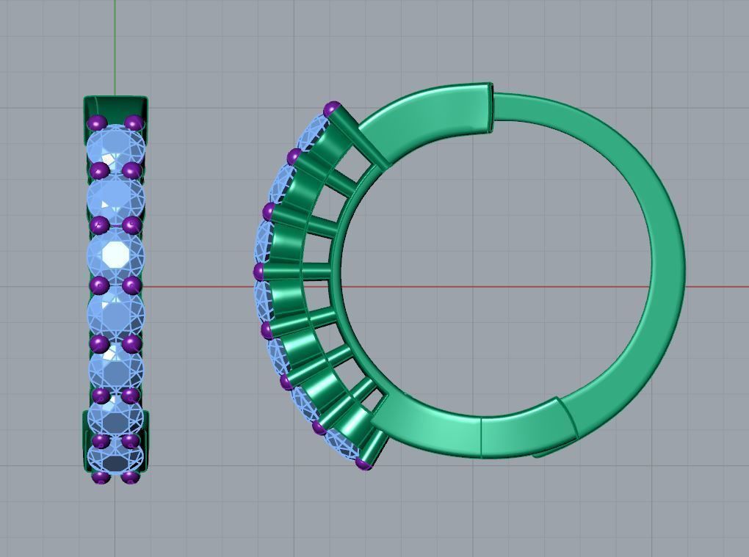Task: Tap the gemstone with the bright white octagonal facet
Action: tap(115, 253)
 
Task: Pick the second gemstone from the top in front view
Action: tap(115, 197)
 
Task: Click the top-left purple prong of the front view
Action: tap(97, 123)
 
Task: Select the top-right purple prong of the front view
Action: tap(134, 123)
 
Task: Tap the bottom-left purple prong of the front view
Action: tap(101, 478)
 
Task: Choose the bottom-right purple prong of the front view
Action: tap(130, 478)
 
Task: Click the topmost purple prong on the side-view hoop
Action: tap(332, 110)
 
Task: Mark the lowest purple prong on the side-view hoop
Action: tap(363, 463)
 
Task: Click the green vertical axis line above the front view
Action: tap(115, 44)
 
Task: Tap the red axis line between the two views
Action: tap(198, 285)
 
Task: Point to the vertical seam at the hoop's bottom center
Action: tap(481, 437)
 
